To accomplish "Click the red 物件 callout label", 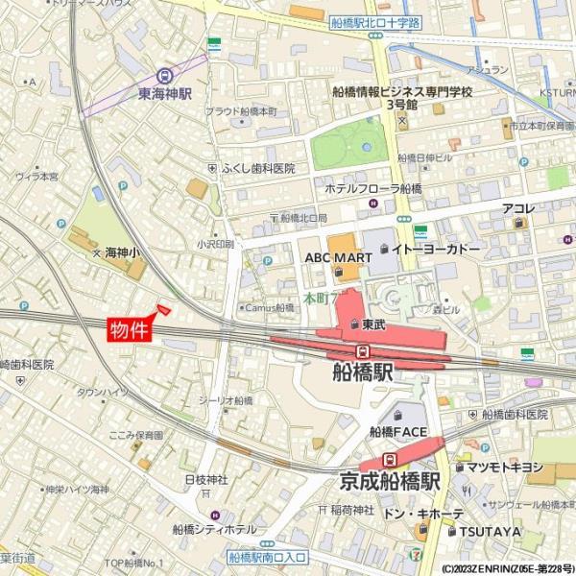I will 129,331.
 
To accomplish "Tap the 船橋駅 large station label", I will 364,372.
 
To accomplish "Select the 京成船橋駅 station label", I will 390,481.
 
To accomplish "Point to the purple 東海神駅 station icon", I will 166,76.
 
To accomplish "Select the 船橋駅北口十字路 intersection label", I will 375,22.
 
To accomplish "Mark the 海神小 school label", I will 122,252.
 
